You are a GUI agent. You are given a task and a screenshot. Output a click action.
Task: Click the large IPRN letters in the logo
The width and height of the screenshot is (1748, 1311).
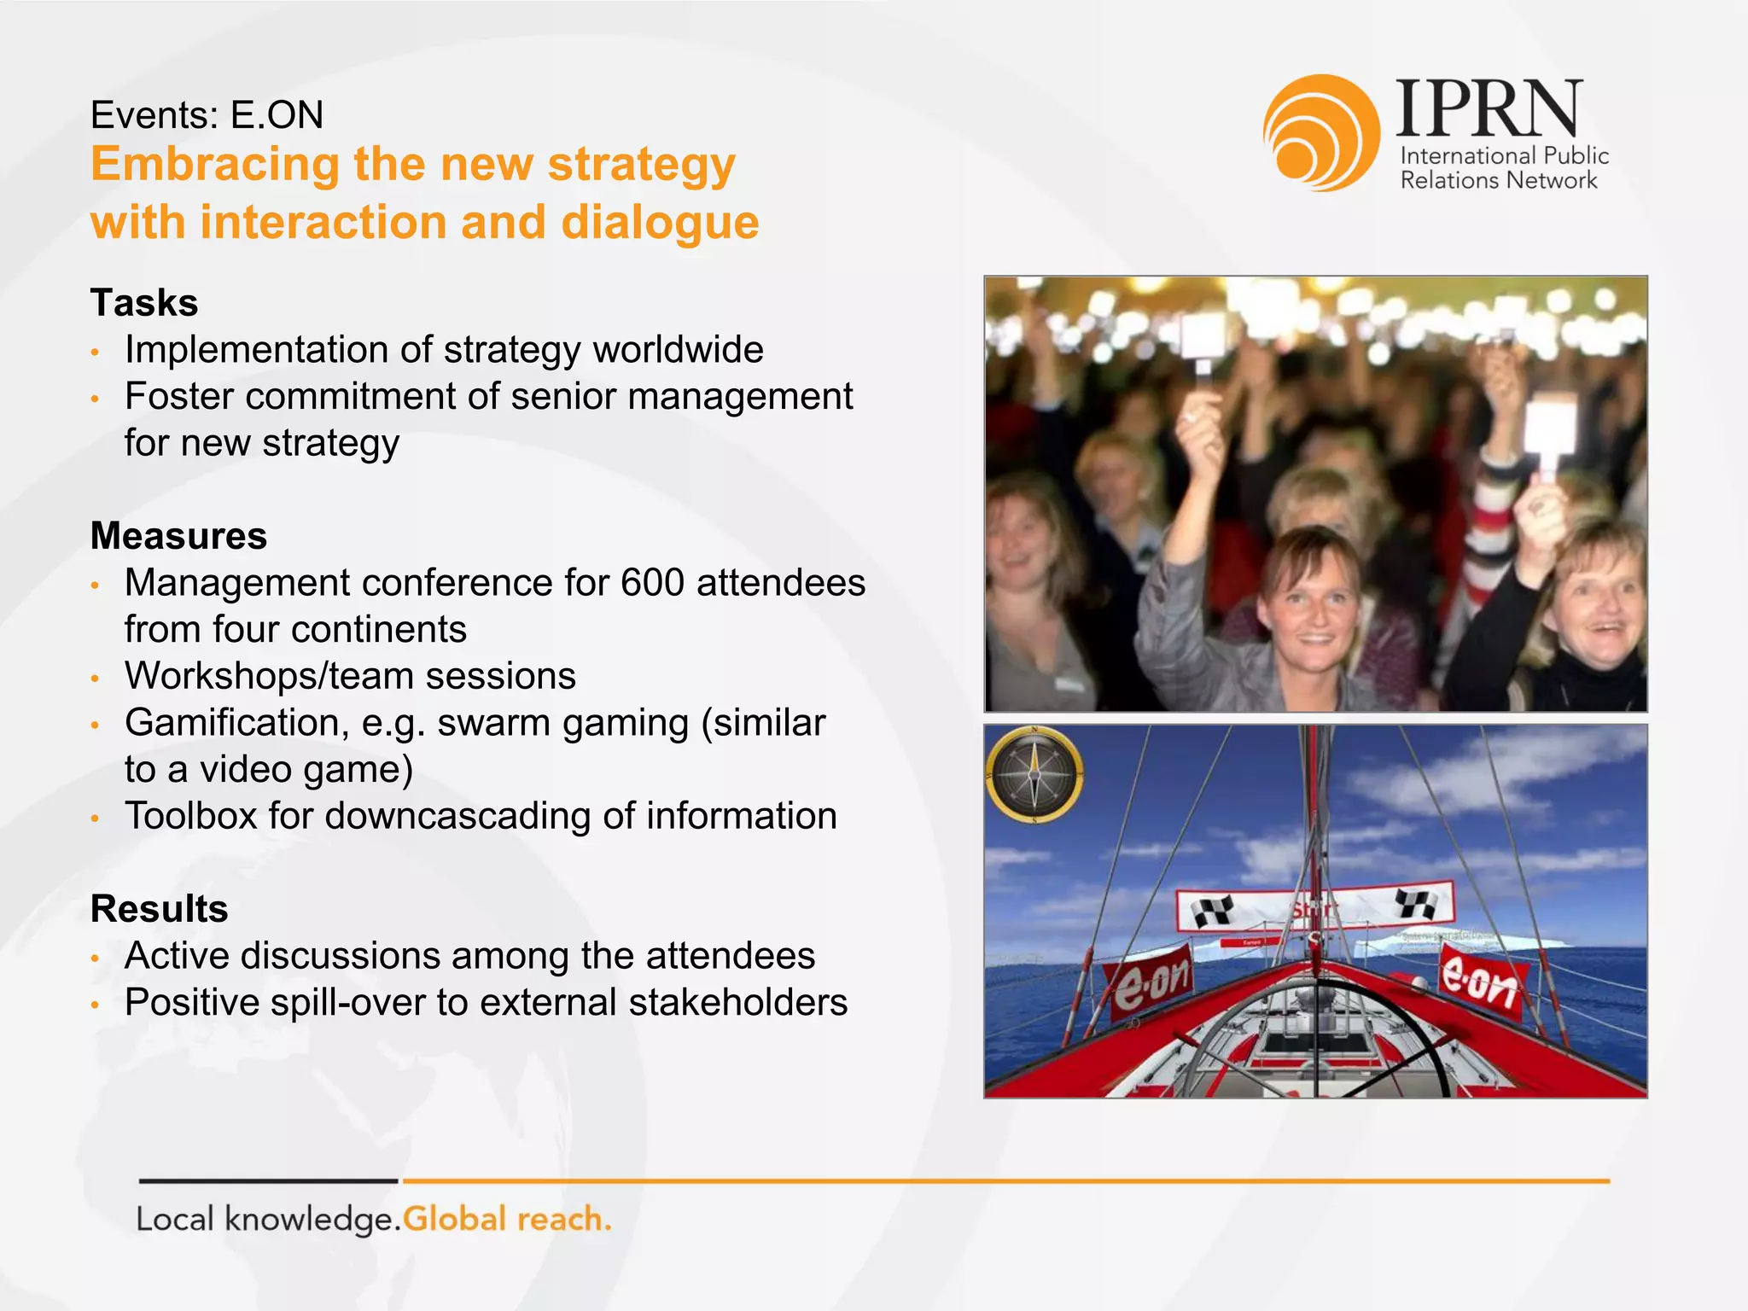[1489, 108]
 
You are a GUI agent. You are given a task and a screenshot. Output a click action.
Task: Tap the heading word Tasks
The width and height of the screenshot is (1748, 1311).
[144, 303]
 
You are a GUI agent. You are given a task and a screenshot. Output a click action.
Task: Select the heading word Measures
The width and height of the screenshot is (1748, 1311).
[178, 536]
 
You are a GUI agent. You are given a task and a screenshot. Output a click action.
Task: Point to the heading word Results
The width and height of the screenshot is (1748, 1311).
[159, 909]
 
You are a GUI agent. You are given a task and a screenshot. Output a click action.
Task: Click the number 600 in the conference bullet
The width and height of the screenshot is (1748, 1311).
[652, 583]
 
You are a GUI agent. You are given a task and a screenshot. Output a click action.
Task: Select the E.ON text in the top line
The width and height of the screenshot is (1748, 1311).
[277, 115]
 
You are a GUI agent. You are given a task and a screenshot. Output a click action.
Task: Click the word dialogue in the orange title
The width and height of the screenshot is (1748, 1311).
[659, 223]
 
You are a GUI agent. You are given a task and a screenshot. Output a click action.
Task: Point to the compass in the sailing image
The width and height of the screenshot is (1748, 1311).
[1034, 774]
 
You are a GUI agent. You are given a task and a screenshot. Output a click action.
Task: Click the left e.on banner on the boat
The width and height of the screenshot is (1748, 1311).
[1149, 981]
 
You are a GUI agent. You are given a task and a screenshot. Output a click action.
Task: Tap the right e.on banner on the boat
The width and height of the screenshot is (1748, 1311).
[1479, 982]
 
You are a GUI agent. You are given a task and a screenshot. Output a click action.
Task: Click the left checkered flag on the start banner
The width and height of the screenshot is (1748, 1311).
[1213, 912]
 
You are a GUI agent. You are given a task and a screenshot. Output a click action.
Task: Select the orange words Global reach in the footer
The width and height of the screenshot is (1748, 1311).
[507, 1219]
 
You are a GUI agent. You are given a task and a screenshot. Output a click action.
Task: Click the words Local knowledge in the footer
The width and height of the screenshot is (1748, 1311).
[267, 1219]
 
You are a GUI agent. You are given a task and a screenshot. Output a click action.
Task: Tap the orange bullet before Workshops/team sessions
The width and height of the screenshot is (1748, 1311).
[96, 679]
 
